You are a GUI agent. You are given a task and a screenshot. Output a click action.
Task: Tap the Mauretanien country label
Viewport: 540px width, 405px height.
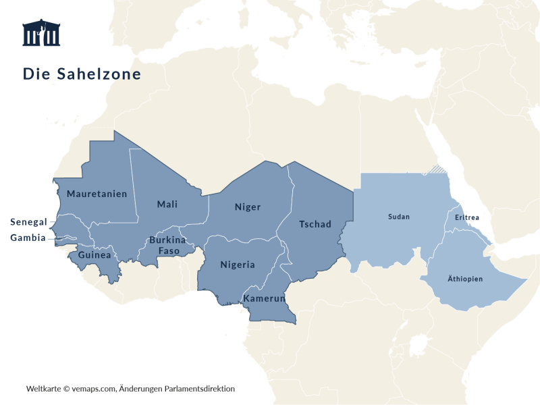click(x=97, y=194)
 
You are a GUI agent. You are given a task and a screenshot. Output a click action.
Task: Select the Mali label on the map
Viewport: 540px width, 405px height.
click(x=167, y=205)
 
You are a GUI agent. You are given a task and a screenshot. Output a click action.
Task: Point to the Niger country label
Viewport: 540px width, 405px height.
click(x=248, y=207)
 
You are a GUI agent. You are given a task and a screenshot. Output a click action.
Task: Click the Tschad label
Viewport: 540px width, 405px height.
click(x=315, y=224)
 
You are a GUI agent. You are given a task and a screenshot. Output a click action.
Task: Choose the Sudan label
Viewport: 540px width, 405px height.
click(x=399, y=217)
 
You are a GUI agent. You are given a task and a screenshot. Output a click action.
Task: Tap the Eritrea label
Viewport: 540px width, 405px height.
click(x=467, y=217)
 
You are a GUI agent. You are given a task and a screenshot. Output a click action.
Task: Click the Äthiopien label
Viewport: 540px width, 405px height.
click(x=465, y=279)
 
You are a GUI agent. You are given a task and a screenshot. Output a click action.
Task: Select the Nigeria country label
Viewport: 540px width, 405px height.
click(x=238, y=265)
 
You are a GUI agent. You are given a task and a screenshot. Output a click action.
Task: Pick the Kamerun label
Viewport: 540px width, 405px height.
click(x=265, y=298)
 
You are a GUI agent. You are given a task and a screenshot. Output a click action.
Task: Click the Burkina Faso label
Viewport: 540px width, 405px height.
click(x=168, y=245)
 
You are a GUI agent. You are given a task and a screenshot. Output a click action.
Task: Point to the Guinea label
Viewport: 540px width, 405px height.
click(x=94, y=255)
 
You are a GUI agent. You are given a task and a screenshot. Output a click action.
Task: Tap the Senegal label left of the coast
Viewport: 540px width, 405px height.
click(x=28, y=222)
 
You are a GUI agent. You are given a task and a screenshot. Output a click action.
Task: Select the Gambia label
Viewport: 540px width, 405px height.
click(x=28, y=238)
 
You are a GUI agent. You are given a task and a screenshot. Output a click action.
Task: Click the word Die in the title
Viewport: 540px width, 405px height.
click(x=32, y=74)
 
